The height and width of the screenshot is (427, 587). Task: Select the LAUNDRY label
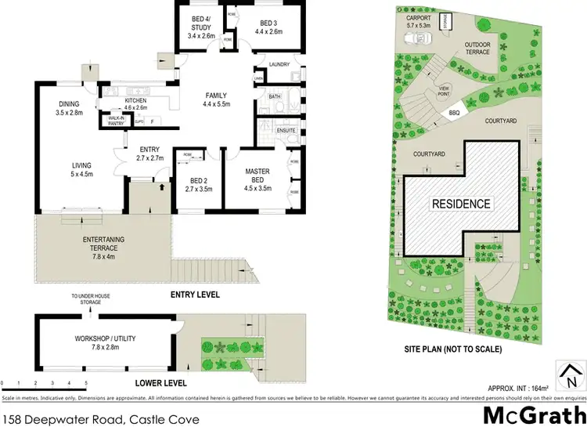coord(279,64)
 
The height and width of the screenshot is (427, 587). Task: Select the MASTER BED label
coord(257,176)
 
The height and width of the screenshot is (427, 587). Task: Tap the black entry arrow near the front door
coord(162,187)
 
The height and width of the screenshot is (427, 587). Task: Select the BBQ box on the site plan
coord(452,113)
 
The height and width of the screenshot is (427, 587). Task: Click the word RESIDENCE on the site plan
coord(461,204)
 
